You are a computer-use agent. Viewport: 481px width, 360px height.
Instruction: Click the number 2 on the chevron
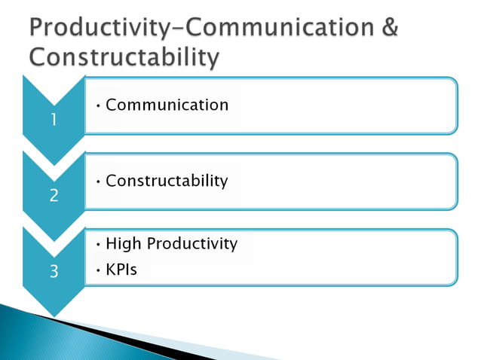click(53, 196)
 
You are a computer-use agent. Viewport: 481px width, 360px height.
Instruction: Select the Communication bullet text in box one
click(167, 105)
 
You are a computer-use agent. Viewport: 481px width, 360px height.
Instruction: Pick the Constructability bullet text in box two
click(167, 181)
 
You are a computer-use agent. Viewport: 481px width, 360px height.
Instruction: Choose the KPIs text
click(121, 269)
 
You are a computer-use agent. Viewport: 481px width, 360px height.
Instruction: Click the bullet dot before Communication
click(100, 105)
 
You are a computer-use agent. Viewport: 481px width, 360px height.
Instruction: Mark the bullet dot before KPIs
click(100, 270)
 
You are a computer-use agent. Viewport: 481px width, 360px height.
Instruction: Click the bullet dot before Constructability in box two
click(100, 182)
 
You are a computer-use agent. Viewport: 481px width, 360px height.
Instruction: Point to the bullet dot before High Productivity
click(100, 245)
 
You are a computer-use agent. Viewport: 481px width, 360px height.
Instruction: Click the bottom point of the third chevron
click(53, 315)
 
